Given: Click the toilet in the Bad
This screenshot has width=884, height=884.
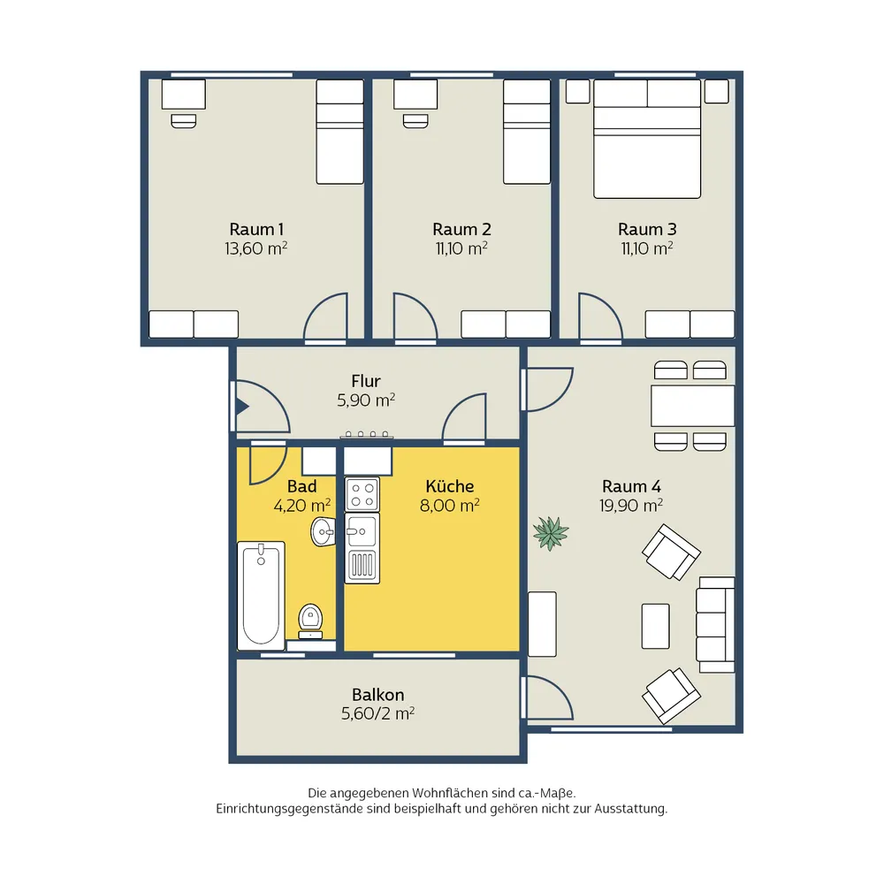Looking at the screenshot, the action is click(x=310, y=621).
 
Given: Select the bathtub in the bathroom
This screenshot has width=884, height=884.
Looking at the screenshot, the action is click(x=261, y=596).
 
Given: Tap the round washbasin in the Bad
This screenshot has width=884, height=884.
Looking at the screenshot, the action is click(x=323, y=531).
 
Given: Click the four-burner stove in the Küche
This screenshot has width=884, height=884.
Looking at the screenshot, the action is click(x=362, y=494).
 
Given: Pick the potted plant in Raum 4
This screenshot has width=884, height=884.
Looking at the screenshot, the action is click(x=551, y=533).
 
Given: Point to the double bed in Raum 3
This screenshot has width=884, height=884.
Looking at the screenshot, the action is click(x=647, y=139).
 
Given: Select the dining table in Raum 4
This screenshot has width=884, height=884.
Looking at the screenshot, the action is click(x=693, y=406).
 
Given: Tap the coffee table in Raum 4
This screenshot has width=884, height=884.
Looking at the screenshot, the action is click(x=656, y=626).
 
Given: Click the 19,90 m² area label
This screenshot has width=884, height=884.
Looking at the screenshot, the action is click(x=631, y=505).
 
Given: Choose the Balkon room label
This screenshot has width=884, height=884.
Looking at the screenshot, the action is click(x=377, y=694).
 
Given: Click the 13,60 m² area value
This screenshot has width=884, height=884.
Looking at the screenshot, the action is click(x=256, y=248).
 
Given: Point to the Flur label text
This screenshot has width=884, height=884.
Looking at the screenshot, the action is click(x=366, y=380).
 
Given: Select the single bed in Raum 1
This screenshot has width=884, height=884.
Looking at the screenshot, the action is click(x=340, y=132).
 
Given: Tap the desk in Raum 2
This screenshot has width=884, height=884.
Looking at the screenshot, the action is click(x=415, y=94).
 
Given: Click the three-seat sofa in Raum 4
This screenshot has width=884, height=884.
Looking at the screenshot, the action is click(x=715, y=625).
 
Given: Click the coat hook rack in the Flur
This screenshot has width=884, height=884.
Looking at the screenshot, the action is click(x=367, y=435).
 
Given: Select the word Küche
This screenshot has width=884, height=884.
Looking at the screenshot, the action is click(x=449, y=486).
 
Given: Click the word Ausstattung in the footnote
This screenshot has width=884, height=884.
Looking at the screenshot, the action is click(x=630, y=809).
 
